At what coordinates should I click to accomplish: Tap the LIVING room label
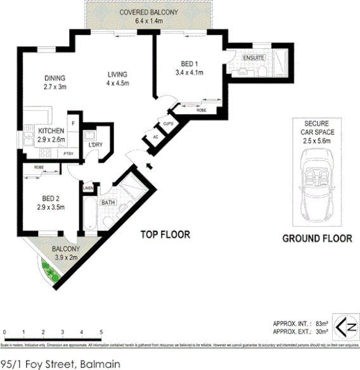point(117,73)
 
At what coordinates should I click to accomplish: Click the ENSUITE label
point(253,58)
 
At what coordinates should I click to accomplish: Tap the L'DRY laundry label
point(96,145)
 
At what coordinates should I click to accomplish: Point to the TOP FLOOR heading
point(165,234)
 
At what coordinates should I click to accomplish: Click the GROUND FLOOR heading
point(317,239)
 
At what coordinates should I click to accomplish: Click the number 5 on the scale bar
point(101,332)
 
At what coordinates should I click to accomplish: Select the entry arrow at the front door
point(149,167)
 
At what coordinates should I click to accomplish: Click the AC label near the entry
point(155,137)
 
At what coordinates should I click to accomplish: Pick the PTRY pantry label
point(68,153)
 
